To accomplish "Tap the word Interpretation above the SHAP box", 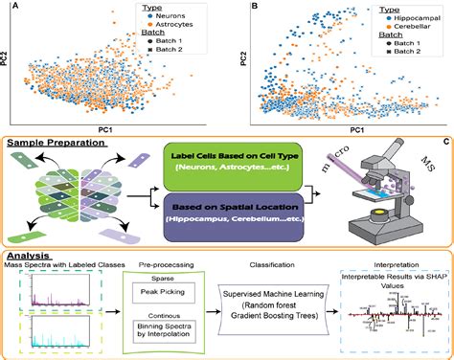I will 384,265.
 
